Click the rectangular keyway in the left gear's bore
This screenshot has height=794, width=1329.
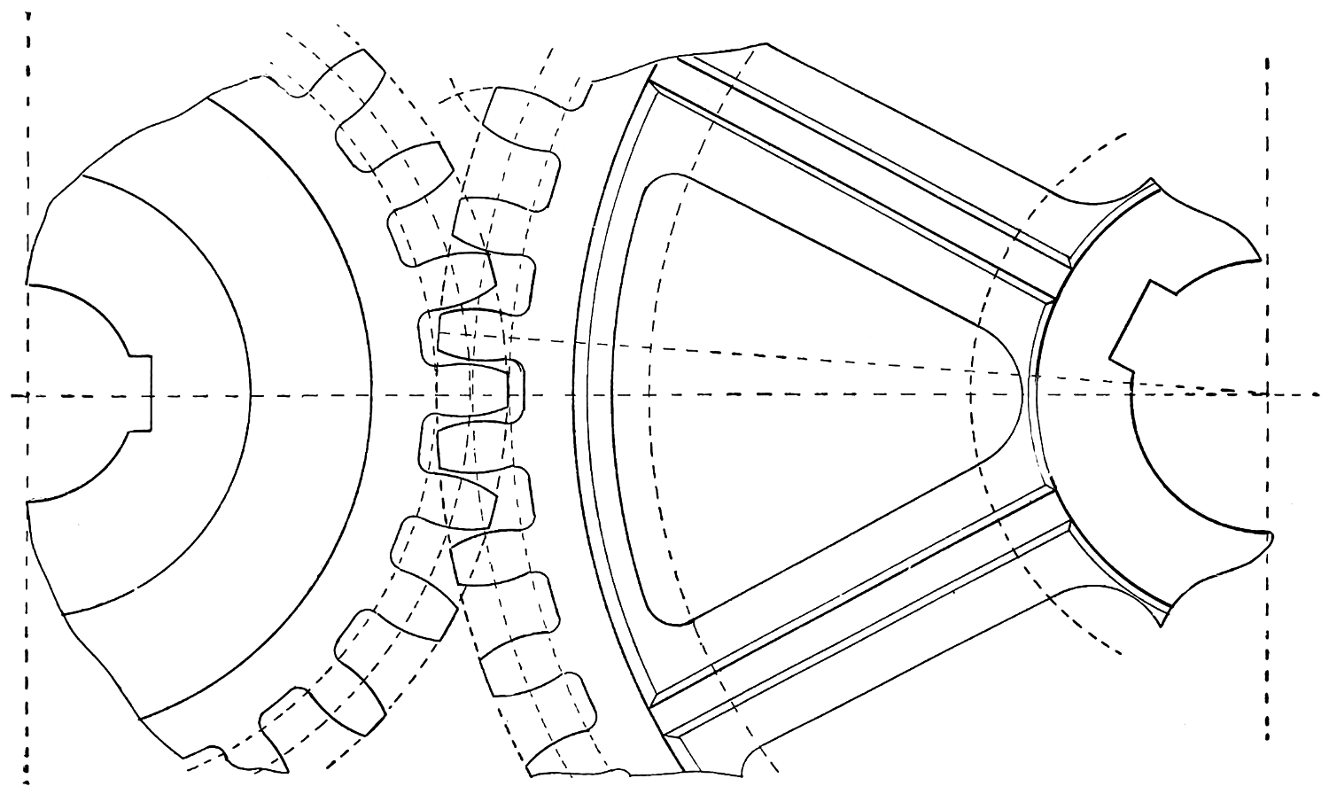click(x=142, y=393)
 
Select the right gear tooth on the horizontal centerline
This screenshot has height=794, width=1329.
click(x=478, y=393)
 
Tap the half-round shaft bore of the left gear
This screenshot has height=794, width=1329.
click(x=71, y=393)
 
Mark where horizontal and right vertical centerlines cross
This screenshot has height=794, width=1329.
click(x=1268, y=393)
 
